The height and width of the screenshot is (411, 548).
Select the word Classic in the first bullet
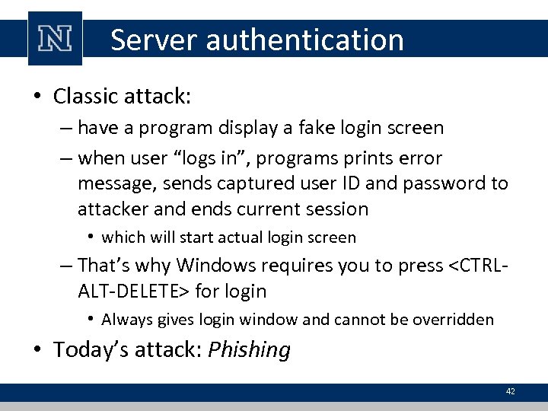coord(85,97)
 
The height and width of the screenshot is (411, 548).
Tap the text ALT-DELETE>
coord(134,291)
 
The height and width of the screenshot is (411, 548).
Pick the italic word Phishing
coord(250,350)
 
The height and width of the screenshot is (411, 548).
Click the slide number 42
coord(510,391)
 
